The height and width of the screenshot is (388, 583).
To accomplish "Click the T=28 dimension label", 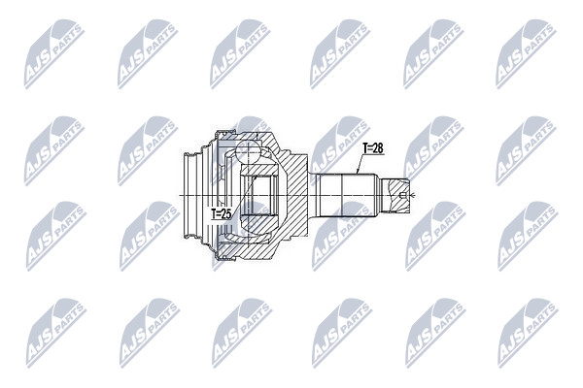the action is tap(373, 148).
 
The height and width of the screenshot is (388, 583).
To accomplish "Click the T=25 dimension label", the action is tap(222, 213).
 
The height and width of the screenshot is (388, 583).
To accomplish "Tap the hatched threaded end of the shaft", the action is tap(396, 195).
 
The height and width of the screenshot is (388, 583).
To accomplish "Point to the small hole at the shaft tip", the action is tap(402, 195).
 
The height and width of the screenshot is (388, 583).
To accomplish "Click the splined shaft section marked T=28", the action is tap(347, 195).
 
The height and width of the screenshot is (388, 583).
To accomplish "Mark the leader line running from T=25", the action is tap(244, 193).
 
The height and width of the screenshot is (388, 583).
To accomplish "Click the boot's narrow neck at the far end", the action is tap(190, 195).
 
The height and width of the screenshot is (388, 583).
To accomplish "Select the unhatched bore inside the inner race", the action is tap(264, 195).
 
